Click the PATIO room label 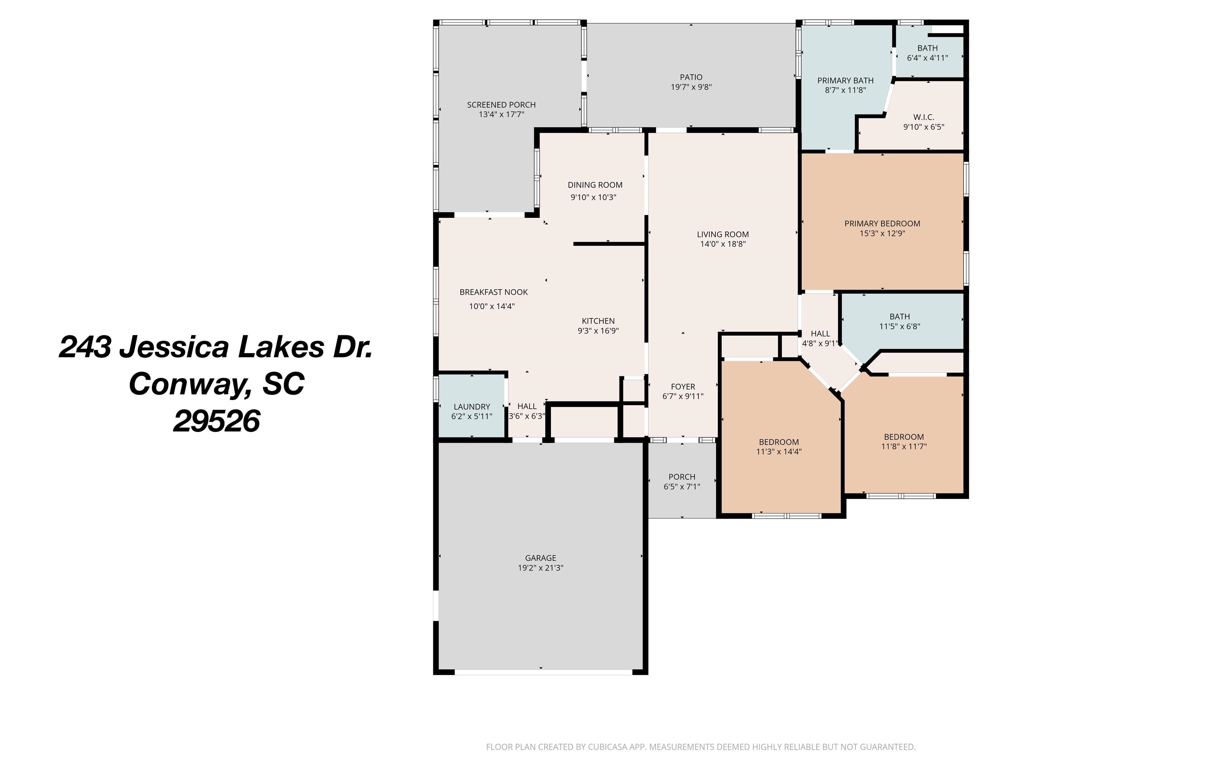pyautogui.click(x=691, y=77)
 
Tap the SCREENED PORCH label pyautogui.click(x=501, y=105)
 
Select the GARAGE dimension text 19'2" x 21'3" pyautogui.click(x=540, y=567)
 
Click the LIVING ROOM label pyautogui.click(x=723, y=234)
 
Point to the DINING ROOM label pyautogui.click(x=595, y=185)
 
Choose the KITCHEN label pyautogui.click(x=598, y=321)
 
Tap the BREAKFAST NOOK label pyautogui.click(x=493, y=292)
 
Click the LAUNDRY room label pyautogui.click(x=472, y=407)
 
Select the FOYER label pyautogui.click(x=683, y=386)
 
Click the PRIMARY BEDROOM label pyautogui.click(x=882, y=223)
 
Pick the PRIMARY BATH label pyautogui.click(x=846, y=80)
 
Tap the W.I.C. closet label pyautogui.click(x=924, y=117)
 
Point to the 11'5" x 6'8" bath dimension pyautogui.click(x=899, y=326)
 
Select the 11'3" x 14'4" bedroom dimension pyautogui.click(x=779, y=452)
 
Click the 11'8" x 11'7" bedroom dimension pyautogui.click(x=903, y=446)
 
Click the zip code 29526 pyautogui.click(x=216, y=421)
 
